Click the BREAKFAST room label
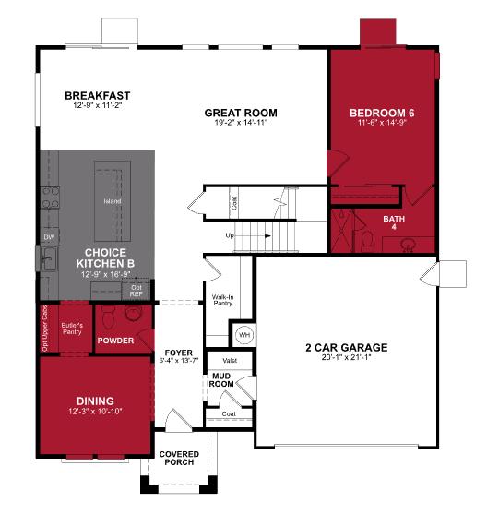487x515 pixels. [97, 95]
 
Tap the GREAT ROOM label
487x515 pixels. [241, 113]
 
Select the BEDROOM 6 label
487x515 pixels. [381, 113]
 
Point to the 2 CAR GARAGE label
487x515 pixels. [346, 348]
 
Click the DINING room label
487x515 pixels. [95, 400]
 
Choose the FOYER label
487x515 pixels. [178, 353]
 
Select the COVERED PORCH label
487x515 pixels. [177, 459]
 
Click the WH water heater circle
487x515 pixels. [244, 333]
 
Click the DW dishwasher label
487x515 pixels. [48, 237]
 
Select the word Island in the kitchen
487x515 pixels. [113, 200]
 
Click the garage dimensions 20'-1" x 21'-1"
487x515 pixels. [346, 359]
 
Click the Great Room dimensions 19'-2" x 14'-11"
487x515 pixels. [241, 124]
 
